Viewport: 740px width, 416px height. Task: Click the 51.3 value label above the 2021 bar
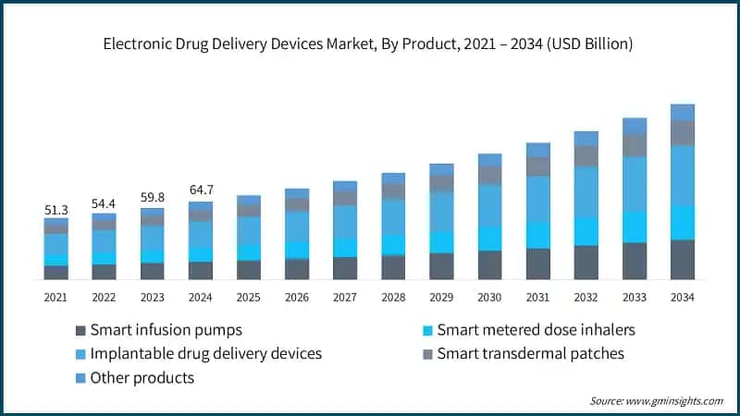click(x=56, y=211)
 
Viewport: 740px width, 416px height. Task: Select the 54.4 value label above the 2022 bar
click(x=105, y=203)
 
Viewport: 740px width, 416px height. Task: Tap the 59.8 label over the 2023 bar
click(x=153, y=197)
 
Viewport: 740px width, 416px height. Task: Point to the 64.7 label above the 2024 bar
click(x=201, y=190)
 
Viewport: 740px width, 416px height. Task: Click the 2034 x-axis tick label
click(x=683, y=297)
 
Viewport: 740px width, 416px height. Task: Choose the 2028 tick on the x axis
click(x=393, y=297)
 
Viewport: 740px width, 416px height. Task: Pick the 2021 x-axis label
click(x=56, y=297)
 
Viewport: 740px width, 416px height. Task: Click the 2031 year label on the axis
click(x=538, y=297)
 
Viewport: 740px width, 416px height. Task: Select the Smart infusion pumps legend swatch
click(x=80, y=330)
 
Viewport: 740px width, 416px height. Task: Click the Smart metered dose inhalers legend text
click(x=536, y=330)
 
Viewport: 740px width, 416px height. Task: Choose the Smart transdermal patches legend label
click(x=530, y=354)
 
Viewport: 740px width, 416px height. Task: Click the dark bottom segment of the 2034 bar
click(x=683, y=260)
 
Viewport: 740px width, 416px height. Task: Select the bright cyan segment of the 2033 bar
click(x=635, y=226)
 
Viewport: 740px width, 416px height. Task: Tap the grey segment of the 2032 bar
click(x=586, y=155)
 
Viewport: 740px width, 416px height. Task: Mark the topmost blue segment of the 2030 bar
click(x=490, y=160)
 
